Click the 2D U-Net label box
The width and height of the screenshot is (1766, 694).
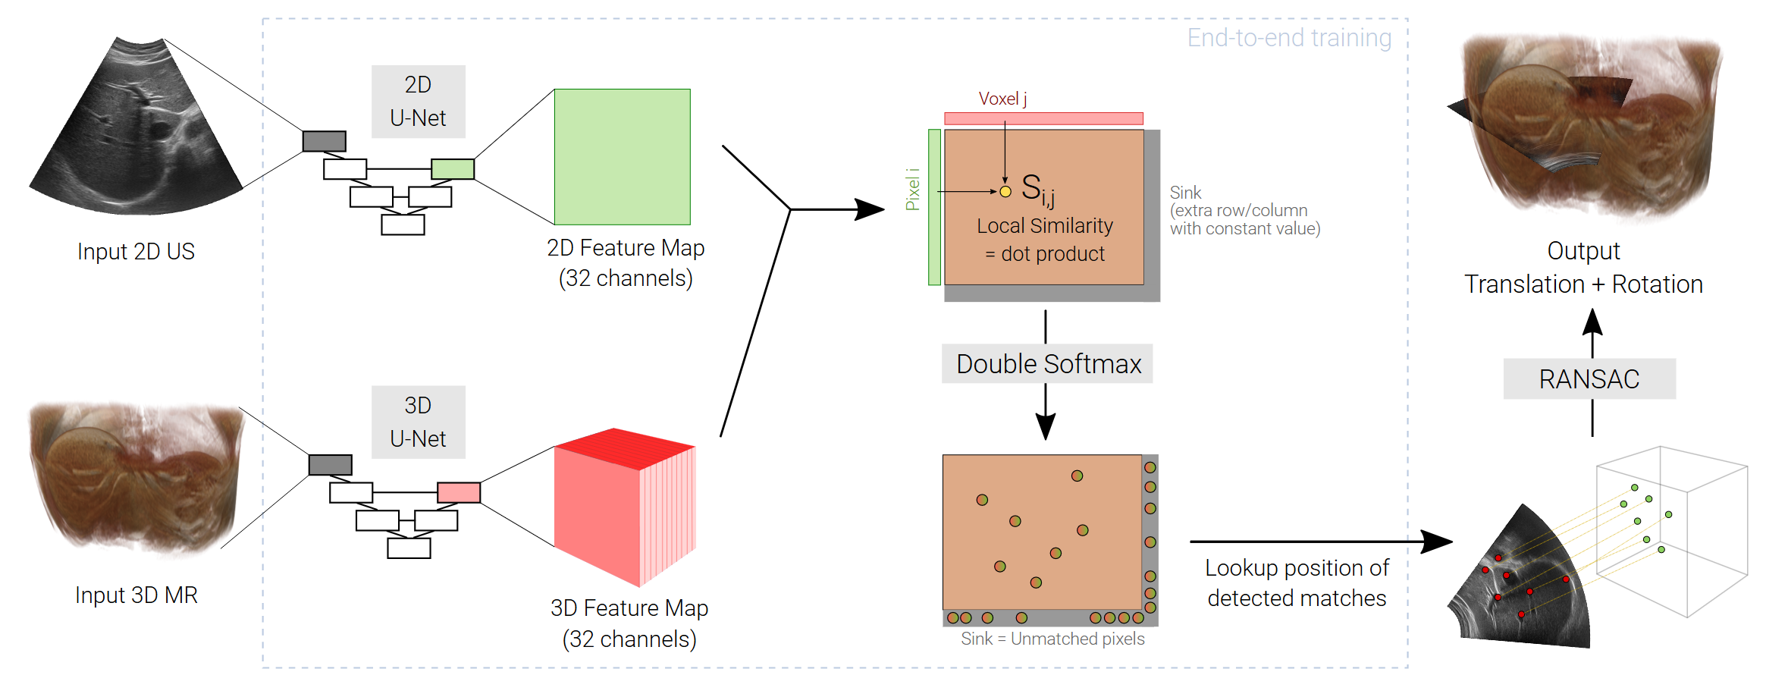click(418, 102)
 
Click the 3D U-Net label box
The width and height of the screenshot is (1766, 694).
click(418, 422)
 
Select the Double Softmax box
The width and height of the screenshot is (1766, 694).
click(1047, 364)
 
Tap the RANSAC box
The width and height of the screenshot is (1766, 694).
click(1589, 378)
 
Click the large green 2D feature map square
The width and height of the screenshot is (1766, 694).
click(622, 157)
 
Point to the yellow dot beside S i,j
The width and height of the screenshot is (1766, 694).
click(1005, 192)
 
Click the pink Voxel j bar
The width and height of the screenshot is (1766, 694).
click(1043, 118)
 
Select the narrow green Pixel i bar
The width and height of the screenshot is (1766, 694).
click(934, 207)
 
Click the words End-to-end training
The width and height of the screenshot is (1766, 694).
click(1289, 38)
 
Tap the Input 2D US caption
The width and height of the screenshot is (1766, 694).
click(136, 252)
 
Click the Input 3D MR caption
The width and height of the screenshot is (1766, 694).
click(136, 595)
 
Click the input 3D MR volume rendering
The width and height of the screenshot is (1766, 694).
click(136, 474)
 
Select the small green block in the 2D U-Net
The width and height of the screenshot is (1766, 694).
click(453, 168)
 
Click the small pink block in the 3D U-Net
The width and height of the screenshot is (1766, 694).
click(459, 492)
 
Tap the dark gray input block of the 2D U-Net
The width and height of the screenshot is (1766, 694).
click(325, 141)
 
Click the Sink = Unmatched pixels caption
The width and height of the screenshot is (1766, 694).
click(1052, 639)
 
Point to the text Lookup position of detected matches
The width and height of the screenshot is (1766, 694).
click(1297, 583)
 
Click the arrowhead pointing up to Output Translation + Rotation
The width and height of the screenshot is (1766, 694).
click(1592, 322)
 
